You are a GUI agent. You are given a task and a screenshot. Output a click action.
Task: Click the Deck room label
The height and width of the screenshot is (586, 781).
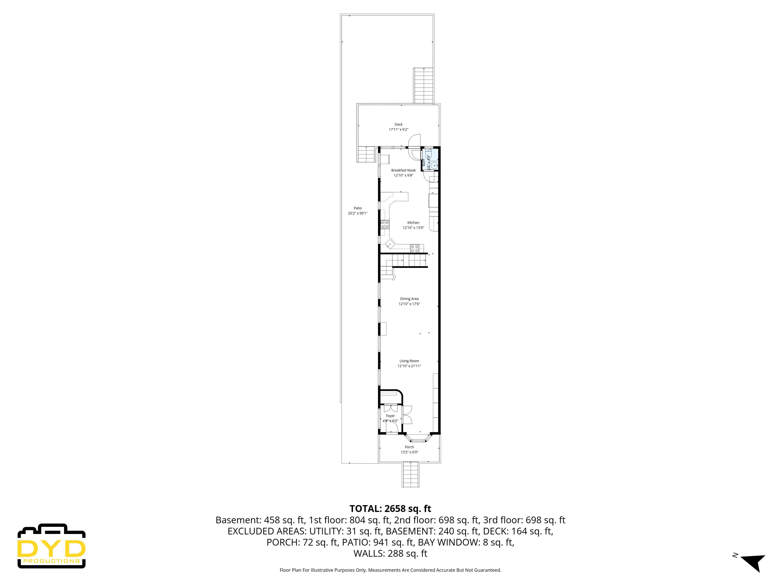(398, 124)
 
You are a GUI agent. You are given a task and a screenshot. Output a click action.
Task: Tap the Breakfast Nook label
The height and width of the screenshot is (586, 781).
(403, 170)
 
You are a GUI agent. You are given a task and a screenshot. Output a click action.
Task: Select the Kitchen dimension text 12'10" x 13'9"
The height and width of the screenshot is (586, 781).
(413, 228)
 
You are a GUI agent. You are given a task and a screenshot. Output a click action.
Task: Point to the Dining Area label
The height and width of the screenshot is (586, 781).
(409, 299)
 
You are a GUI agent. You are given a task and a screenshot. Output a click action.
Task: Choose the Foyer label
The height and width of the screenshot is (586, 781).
(390, 416)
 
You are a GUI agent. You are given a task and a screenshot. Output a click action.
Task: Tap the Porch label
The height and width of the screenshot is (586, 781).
(409, 447)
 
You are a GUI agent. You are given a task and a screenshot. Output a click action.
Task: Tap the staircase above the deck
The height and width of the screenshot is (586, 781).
(423, 86)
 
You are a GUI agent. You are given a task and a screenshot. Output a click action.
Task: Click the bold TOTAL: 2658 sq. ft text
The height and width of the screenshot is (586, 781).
(390, 509)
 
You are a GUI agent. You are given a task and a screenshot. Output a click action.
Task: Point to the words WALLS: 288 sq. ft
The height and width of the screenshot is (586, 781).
(390, 554)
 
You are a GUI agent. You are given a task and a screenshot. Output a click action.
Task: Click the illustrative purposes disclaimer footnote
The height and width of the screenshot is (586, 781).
(390, 570)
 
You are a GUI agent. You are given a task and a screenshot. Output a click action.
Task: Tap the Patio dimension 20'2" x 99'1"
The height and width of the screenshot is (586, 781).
(358, 213)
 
